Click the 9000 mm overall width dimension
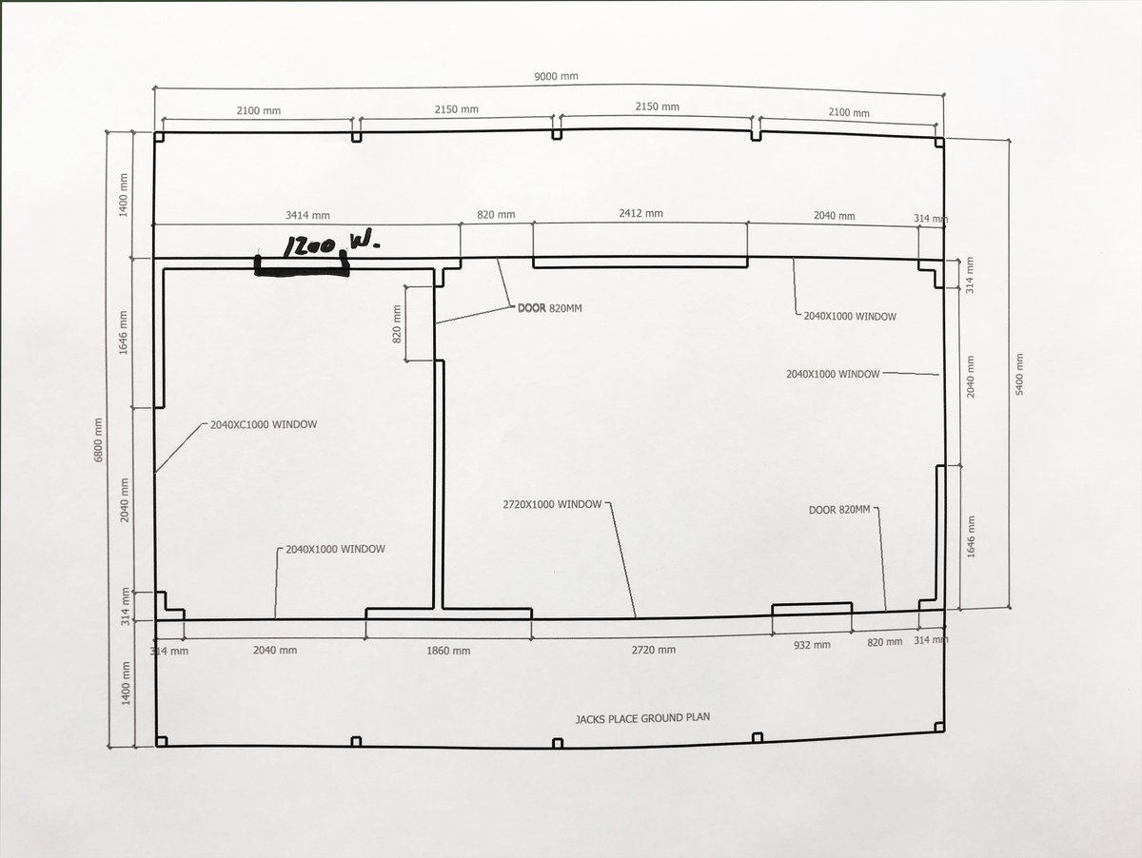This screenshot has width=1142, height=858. pyautogui.click(x=558, y=77)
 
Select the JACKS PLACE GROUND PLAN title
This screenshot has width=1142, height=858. pyautogui.click(x=643, y=717)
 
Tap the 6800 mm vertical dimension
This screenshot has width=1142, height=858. pyautogui.click(x=99, y=439)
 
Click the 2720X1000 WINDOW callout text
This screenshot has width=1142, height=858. pyautogui.click(x=552, y=504)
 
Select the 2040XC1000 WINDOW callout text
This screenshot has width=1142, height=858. pyautogui.click(x=264, y=424)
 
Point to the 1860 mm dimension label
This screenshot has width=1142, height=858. pyautogui.click(x=447, y=651)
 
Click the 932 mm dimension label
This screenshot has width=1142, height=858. pyautogui.click(x=811, y=644)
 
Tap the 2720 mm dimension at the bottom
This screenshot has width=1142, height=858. pyautogui.click(x=653, y=650)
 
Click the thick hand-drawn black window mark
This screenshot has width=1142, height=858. pyautogui.click(x=301, y=269)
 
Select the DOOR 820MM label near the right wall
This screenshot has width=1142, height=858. pyautogui.click(x=839, y=510)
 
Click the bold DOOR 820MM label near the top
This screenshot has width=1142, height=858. pyautogui.click(x=563, y=308)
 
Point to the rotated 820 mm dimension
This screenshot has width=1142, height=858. pyautogui.click(x=397, y=326)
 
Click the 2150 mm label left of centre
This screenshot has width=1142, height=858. pyautogui.click(x=456, y=109)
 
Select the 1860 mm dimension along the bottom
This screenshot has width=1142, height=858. pyautogui.click(x=447, y=651)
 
